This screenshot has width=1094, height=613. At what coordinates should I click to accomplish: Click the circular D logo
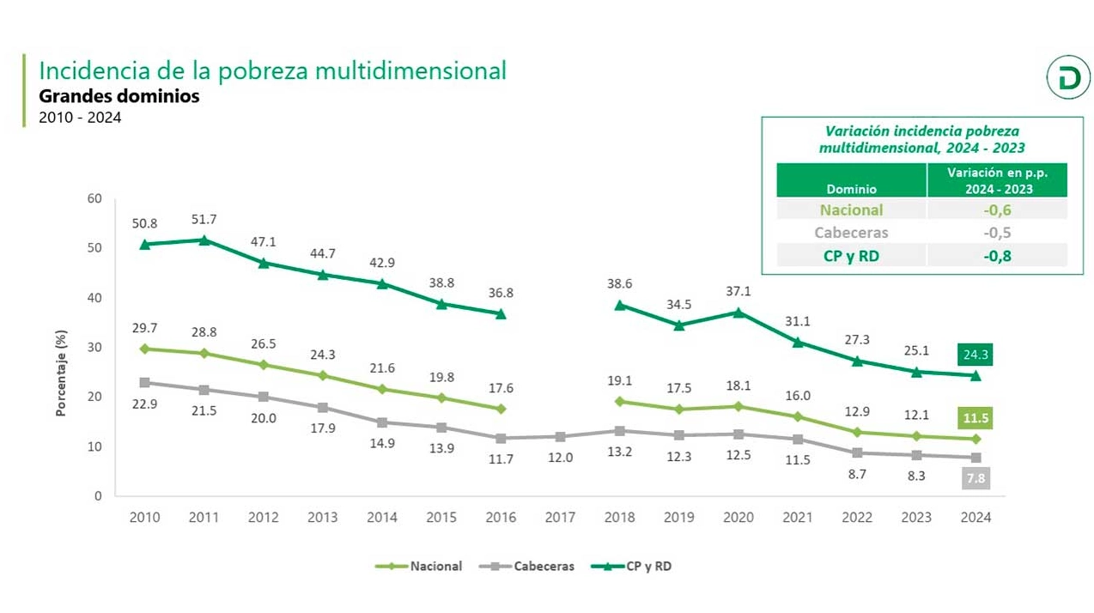point(1067,80)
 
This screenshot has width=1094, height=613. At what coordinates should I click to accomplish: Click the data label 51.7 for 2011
point(204,221)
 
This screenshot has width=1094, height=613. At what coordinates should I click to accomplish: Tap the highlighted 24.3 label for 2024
point(975,354)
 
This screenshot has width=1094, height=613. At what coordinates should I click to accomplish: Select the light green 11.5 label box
point(975,418)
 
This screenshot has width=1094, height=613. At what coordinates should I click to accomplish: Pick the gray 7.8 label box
point(975,478)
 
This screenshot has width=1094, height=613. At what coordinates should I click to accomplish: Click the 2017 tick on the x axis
point(560,518)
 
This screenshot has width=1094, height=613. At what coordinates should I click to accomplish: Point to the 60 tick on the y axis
point(94,198)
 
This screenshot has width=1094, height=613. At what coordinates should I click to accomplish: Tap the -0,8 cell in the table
point(997,255)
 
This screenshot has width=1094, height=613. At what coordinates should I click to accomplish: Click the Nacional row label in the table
point(851,210)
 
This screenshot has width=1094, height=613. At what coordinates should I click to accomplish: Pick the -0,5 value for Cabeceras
point(997,233)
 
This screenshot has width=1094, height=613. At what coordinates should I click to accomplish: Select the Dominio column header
point(851,189)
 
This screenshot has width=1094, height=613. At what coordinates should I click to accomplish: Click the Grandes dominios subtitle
point(119,96)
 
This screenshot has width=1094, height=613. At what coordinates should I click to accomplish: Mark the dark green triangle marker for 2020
point(738,313)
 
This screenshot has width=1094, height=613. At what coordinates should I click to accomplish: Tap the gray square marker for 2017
point(560,437)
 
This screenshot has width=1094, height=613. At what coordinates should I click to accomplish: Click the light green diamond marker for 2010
point(144,349)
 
